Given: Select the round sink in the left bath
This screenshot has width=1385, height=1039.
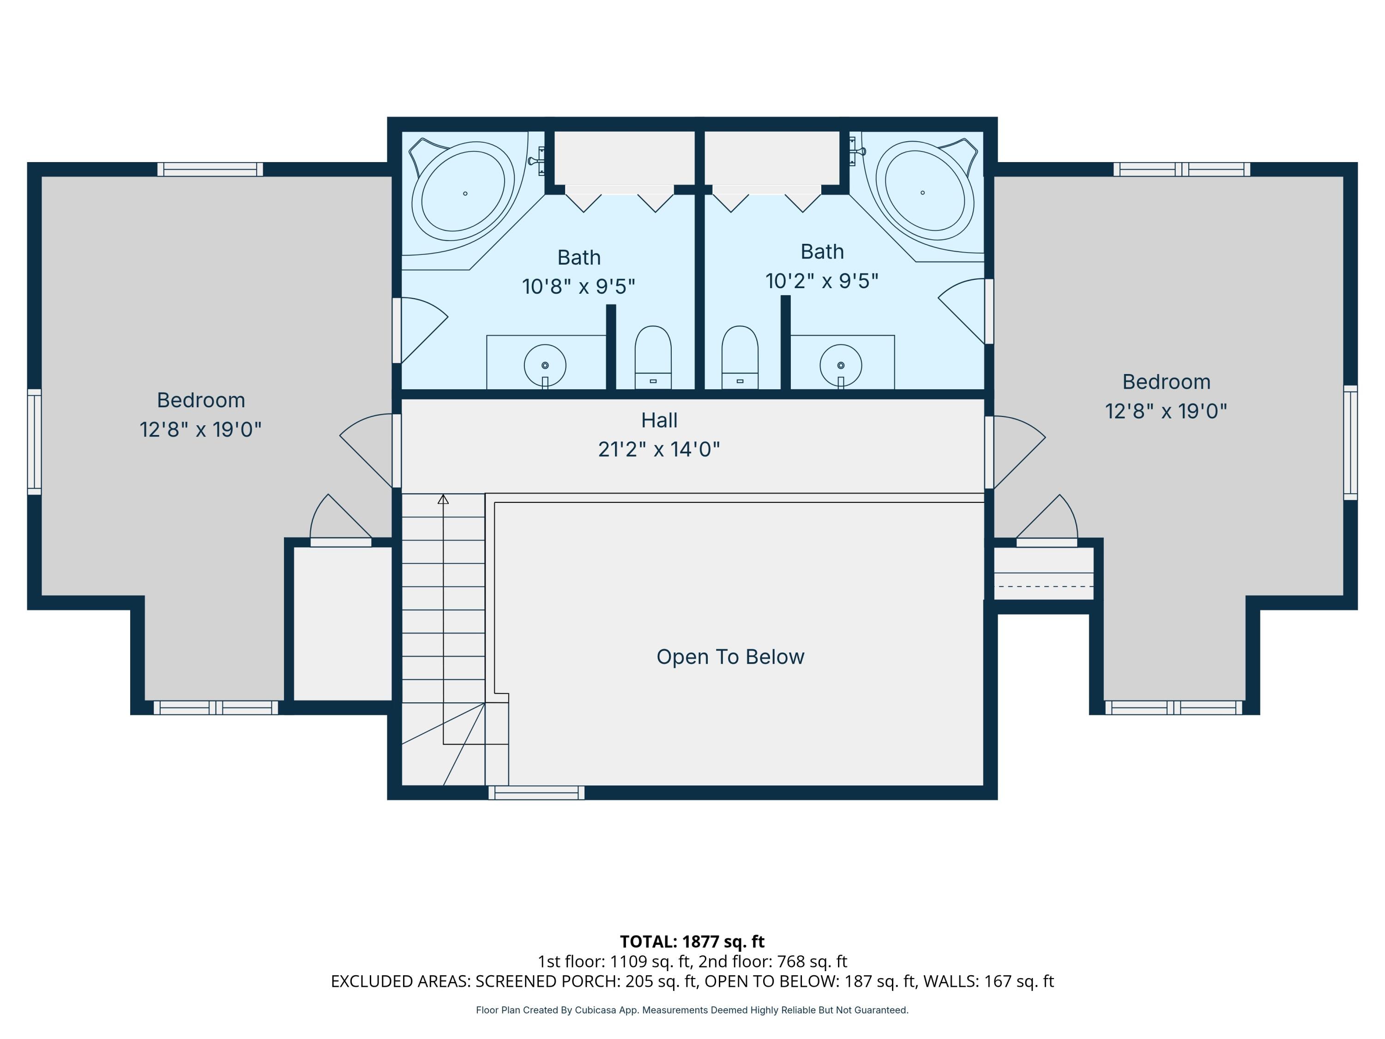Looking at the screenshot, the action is pyautogui.click(x=545, y=365).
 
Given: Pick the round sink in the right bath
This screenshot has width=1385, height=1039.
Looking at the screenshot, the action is pyautogui.click(x=841, y=365).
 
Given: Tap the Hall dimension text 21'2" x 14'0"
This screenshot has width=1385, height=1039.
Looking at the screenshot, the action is pyautogui.click(x=659, y=449).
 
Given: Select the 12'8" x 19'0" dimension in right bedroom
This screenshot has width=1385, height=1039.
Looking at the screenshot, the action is pyautogui.click(x=1166, y=411).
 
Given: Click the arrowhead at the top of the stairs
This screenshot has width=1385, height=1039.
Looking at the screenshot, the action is pyautogui.click(x=443, y=499).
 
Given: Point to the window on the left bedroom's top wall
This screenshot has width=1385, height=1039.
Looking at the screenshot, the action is pyautogui.click(x=210, y=169).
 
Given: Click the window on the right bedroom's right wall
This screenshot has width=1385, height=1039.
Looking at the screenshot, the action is pyautogui.click(x=1350, y=442).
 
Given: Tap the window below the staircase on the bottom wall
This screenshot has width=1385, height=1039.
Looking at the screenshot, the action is pyautogui.click(x=536, y=792).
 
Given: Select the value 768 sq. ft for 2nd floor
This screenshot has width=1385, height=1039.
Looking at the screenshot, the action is pyautogui.click(x=812, y=961).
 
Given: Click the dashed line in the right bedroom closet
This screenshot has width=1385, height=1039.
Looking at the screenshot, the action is pyautogui.click(x=1044, y=586).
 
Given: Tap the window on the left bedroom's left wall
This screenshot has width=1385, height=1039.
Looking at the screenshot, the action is pyautogui.click(x=35, y=441).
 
